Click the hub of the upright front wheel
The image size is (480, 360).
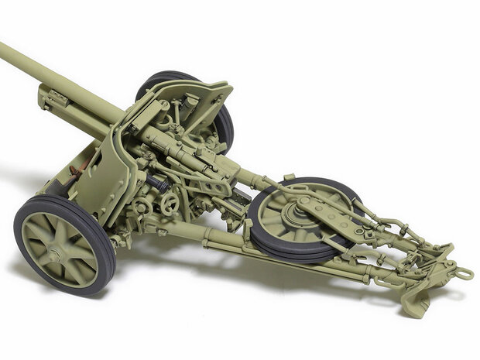click(57, 253)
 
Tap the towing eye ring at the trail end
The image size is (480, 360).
click(464, 273)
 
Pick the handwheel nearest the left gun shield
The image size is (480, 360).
click(168, 204)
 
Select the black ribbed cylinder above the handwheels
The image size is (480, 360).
click(156, 184)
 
